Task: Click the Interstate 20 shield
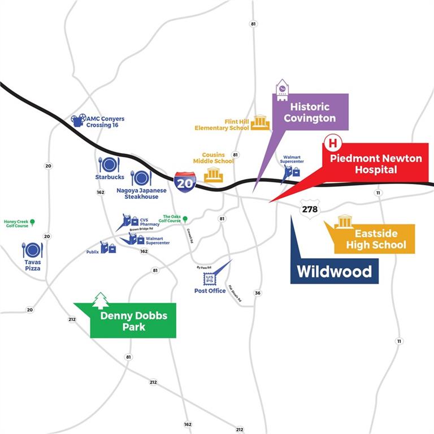point(185,181)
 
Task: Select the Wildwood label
point(335,271)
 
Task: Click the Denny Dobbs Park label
point(134,321)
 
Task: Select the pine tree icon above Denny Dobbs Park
point(101,300)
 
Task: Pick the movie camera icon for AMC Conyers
point(79,120)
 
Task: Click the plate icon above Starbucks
point(108,164)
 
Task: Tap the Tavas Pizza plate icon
point(32,250)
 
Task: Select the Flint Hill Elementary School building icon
point(260,122)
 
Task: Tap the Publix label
point(93,251)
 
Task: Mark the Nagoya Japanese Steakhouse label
point(141,194)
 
